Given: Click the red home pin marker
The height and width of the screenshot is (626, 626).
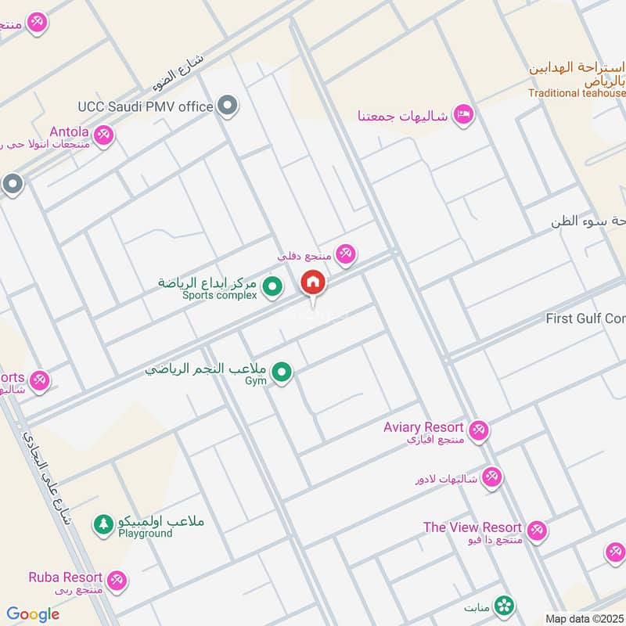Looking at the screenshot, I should pos(313,282).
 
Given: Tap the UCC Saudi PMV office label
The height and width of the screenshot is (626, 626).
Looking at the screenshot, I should pos(146,106).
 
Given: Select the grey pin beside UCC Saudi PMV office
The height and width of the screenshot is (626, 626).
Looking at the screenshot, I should pos(228,105).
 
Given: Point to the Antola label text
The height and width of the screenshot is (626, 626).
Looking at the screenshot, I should pos(69,131).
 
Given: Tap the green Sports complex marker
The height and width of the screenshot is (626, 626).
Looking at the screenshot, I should pos(272,288).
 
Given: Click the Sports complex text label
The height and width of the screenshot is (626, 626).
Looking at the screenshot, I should pos(219,296).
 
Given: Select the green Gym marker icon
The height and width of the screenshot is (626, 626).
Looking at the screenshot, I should pos(282,372).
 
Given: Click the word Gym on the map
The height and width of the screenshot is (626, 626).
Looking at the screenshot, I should pos(256,381).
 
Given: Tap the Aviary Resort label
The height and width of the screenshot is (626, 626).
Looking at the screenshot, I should pos(423,427).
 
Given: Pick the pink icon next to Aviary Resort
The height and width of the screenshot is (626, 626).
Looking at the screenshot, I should pos(479,430).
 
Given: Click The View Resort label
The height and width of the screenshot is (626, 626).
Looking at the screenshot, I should pos(472,527).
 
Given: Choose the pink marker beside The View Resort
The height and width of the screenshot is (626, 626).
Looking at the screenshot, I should pos(536,531).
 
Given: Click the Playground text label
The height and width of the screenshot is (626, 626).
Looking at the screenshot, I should pos(145,534).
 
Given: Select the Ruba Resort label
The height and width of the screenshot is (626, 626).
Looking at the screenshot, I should pos(66,577).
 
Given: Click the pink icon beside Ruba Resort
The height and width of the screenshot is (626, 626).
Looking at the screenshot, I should pos(117,581).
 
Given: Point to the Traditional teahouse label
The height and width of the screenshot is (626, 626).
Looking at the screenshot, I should pos(577,93).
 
